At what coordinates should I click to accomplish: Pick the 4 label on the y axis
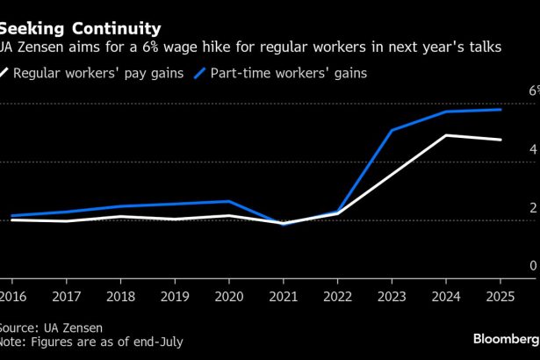pyautogui.click(x=533, y=150)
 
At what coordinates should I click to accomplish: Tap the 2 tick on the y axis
pyautogui.click(x=533, y=208)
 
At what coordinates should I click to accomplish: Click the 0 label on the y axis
pyautogui.click(x=533, y=266)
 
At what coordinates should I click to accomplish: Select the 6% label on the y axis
pyautogui.click(x=532, y=91)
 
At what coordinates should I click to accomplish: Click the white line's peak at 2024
pyautogui.click(x=446, y=135)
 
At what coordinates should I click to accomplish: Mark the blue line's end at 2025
pyautogui.click(x=500, y=110)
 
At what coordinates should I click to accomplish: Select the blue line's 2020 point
pyautogui.click(x=228, y=202)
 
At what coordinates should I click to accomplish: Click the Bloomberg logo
pyautogui.click(x=504, y=338)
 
